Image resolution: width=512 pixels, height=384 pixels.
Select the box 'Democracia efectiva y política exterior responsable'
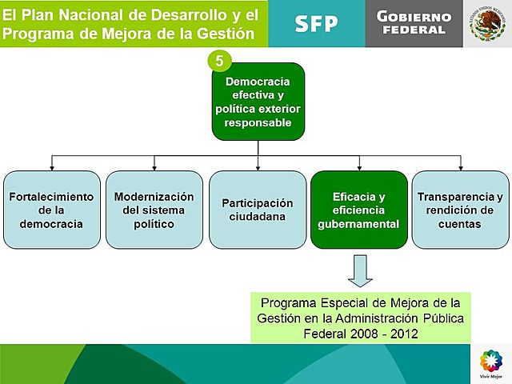[258, 102]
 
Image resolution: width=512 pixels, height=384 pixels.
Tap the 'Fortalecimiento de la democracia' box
[52, 210]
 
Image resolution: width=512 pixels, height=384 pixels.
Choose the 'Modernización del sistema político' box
[154, 210]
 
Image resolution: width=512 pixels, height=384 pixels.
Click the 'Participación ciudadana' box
[257, 210]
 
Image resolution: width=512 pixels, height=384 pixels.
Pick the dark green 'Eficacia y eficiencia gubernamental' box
[358, 210]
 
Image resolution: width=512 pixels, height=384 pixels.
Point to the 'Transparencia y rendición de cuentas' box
[460, 210]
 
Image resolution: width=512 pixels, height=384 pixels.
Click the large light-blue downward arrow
[360, 270]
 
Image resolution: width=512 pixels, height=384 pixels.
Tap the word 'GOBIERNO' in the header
[414, 17]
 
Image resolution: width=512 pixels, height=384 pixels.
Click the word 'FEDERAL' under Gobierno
[414, 30]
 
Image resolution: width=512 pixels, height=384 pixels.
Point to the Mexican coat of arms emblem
[486, 23]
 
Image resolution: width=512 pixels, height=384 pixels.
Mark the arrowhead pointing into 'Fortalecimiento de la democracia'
[52, 167]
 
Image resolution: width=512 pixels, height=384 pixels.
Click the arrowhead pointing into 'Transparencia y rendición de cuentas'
[460, 167]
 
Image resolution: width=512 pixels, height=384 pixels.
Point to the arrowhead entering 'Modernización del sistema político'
[154, 167]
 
